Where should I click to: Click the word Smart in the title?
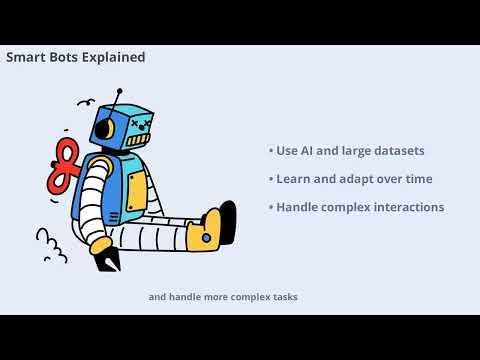click(x=26, y=58)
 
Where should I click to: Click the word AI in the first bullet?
click(x=308, y=151)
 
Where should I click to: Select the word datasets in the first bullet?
click(x=397, y=151)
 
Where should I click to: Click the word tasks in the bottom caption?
click(x=282, y=297)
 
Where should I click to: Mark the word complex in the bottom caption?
click(x=243, y=297)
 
